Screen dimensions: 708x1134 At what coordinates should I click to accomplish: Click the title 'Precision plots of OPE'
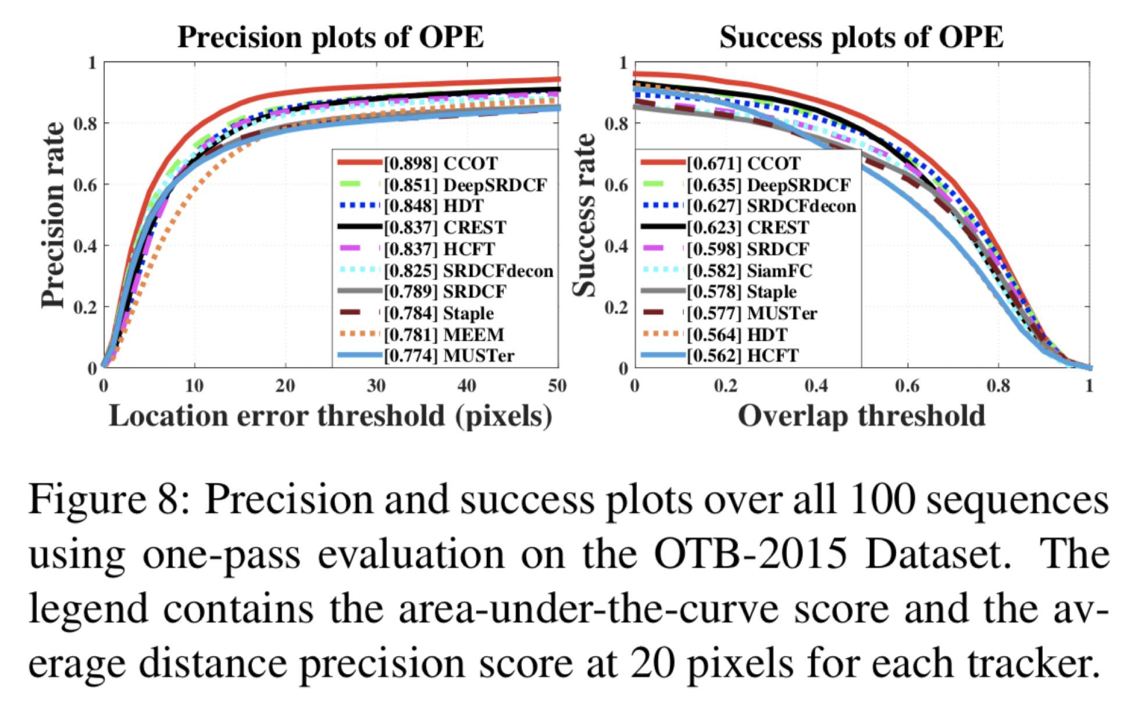click(x=330, y=37)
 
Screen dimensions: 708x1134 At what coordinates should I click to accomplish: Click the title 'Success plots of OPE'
click(x=861, y=37)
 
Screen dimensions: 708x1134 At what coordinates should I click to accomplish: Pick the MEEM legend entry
click(x=443, y=335)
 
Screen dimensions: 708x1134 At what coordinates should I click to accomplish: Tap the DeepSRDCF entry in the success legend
click(x=768, y=185)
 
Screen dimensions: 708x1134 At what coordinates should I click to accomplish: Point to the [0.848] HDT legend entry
click(x=433, y=206)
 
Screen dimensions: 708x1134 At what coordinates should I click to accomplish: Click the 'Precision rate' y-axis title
click(x=53, y=215)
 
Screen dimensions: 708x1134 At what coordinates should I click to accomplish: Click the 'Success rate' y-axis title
click(x=584, y=215)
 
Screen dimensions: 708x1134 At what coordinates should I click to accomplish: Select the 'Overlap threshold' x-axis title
click(x=861, y=416)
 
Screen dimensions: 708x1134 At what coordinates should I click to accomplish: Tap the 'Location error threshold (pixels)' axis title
click(x=330, y=416)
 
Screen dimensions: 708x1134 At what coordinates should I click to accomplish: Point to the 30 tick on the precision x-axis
click(x=376, y=386)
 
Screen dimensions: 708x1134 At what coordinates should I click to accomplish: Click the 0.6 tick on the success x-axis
click(x=907, y=386)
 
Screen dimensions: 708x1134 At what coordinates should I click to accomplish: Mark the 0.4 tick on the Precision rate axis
click(x=85, y=246)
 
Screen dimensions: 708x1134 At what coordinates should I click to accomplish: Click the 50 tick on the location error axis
click(x=557, y=386)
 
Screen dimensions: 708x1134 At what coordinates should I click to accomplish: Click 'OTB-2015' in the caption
click(x=750, y=554)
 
